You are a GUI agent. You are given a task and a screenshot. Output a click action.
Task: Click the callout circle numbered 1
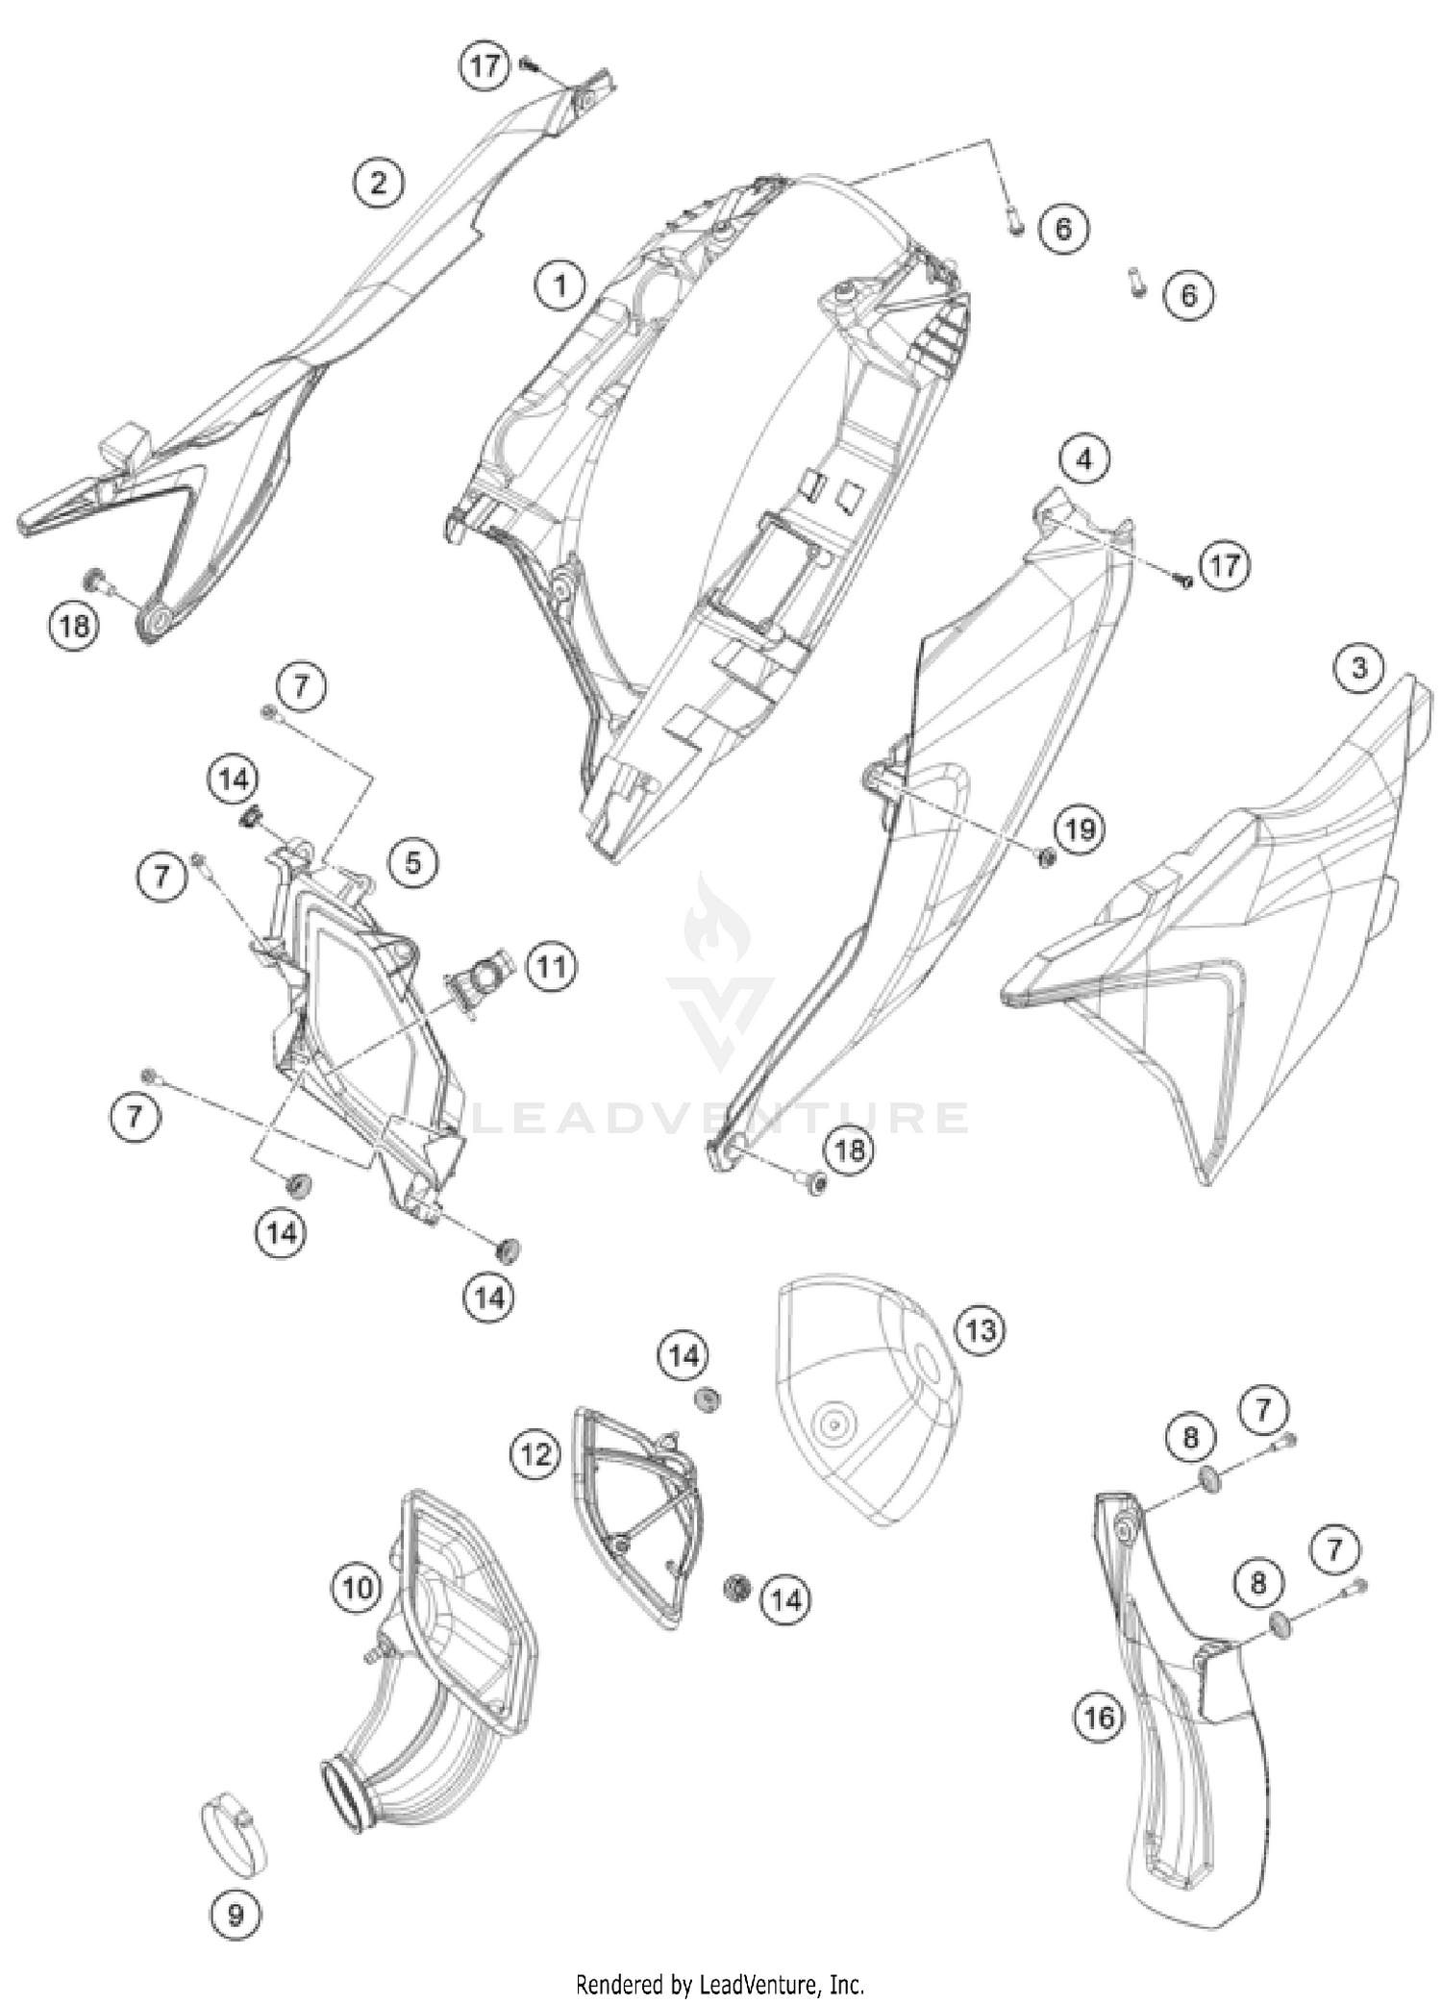click(560, 285)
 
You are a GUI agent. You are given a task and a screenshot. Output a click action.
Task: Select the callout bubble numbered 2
click(378, 183)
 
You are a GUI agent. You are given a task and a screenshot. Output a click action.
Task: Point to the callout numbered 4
click(1083, 460)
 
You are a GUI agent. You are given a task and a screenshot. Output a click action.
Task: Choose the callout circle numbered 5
click(412, 862)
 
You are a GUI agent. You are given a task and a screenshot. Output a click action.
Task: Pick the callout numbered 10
click(358, 1587)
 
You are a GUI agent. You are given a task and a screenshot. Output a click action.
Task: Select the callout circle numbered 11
click(551, 966)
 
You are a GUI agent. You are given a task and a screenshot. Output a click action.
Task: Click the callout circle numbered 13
click(980, 1330)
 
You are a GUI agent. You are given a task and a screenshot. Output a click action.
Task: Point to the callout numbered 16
click(1099, 1717)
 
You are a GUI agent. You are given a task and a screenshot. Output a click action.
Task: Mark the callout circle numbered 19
click(1080, 828)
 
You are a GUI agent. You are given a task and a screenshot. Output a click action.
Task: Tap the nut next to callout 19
click(1048, 854)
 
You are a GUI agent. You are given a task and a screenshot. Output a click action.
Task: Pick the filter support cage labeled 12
click(639, 1514)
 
